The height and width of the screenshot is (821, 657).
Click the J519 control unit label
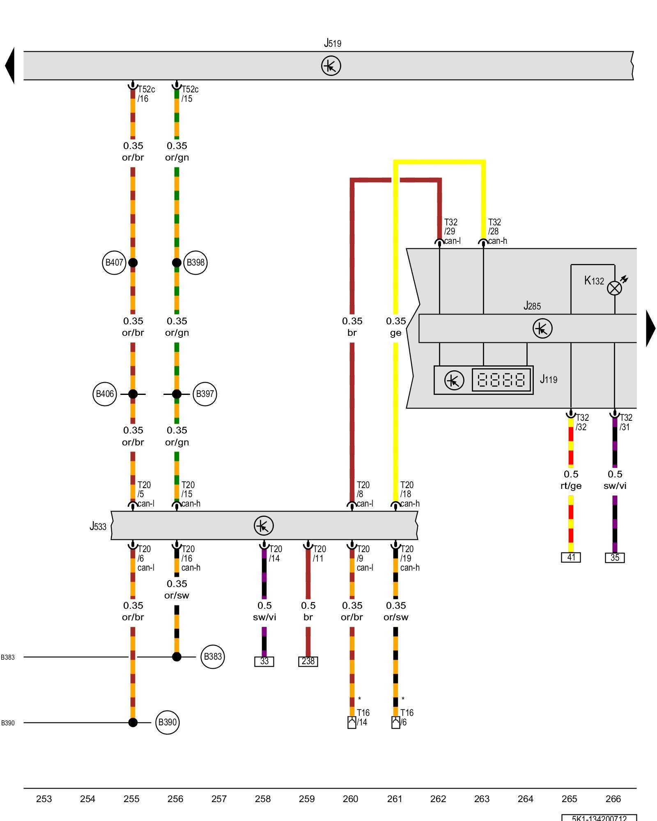(x=333, y=43)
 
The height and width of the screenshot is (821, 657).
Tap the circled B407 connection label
(x=114, y=263)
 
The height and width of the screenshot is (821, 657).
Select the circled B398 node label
(x=195, y=263)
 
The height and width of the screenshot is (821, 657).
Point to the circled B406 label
(x=105, y=394)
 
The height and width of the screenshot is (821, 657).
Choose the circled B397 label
(x=205, y=394)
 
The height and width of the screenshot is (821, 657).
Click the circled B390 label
(x=167, y=722)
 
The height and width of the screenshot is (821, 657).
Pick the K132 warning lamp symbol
(x=614, y=288)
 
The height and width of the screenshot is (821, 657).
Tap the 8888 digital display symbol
(x=501, y=380)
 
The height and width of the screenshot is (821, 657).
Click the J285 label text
(x=532, y=306)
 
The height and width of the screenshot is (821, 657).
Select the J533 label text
(x=98, y=526)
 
